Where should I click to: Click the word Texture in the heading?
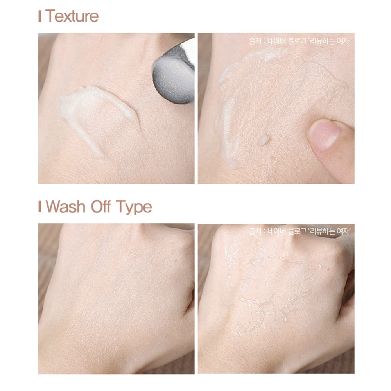point(72,16)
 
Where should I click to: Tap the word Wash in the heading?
point(65,207)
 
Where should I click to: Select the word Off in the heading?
point(100,206)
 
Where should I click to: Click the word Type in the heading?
point(134,208)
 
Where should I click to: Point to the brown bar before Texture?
point(39,16)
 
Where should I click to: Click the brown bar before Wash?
point(39,206)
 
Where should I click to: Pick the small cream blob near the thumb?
point(263,140)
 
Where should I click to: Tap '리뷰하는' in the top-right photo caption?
point(321,41)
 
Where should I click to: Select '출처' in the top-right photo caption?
point(255,41)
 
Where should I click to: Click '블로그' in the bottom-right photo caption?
point(297,231)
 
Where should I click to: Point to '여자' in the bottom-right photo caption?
point(343,231)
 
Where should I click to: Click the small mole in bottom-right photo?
point(328,269)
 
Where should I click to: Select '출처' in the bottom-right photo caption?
point(255,231)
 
